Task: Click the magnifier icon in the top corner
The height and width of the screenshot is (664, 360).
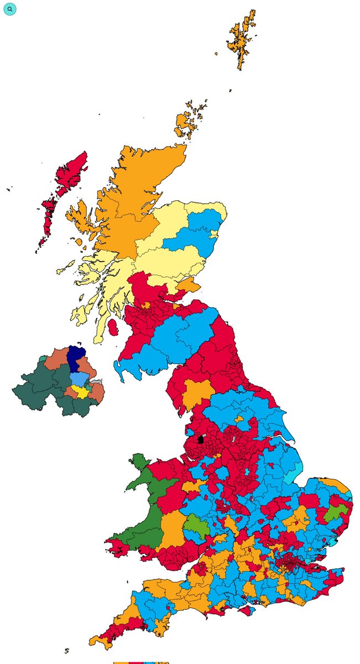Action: pyautogui.click(x=9, y=9)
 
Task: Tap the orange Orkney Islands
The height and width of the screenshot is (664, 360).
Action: pyautogui.click(x=187, y=123)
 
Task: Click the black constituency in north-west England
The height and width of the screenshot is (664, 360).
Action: pyautogui.click(x=200, y=440)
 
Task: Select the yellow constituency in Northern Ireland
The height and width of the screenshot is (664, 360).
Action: pyautogui.click(x=82, y=391)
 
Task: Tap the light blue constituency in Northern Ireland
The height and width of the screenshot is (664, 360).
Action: pyautogui.click(x=79, y=380)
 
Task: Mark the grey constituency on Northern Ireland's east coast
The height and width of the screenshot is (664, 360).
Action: pyautogui.click(x=97, y=381)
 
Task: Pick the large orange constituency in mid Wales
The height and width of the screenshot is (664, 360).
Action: pyautogui.click(x=173, y=528)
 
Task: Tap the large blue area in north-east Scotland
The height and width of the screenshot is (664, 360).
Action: pyautogui.click(x=194, y=233)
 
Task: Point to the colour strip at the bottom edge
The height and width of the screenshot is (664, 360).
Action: pyautogui.click(x=141, y=662)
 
